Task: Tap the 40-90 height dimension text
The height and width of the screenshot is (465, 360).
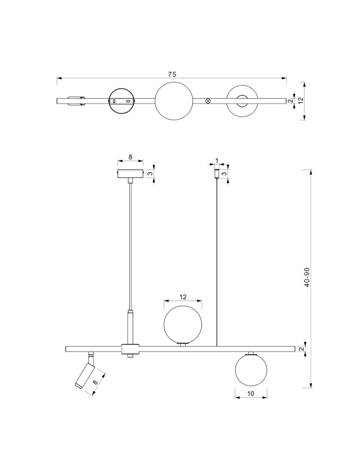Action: tap(307, 278)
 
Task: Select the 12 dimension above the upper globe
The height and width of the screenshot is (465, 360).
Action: tap(183, 297)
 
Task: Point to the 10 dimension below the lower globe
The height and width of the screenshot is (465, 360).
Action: tap(251, 393)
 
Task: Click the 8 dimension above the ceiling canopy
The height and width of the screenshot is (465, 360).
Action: tap(130, 158)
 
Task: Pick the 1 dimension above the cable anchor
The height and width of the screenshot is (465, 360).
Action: tap(217, 160)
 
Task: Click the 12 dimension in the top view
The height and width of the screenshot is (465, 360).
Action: tap(301, 100)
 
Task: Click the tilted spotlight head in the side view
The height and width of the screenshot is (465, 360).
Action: tap(85, 375)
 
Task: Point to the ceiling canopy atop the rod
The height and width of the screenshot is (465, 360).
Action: tap(130, 174)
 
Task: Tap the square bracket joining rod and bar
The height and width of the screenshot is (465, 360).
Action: tap(130, 349)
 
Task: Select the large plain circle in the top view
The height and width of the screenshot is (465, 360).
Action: tap(173, 100)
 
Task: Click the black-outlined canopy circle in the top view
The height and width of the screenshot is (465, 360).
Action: tap(122, 100)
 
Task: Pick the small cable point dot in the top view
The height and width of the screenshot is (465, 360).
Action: tap(208, 100)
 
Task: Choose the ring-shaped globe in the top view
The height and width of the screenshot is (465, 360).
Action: tap(242, 100)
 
